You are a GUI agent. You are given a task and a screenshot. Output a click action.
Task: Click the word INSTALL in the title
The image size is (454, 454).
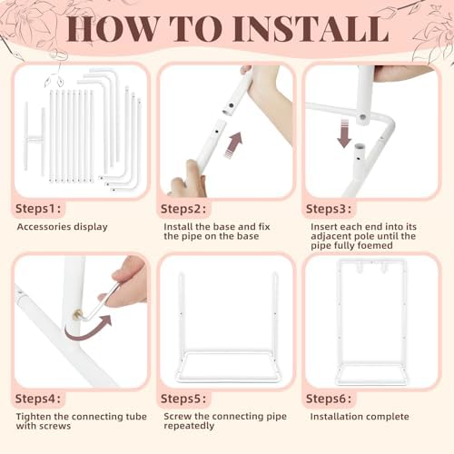pyautogui.click(x=311, y=29)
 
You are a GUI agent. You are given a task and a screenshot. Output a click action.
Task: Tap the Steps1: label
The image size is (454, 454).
pyautogui.click(x=38, y=209)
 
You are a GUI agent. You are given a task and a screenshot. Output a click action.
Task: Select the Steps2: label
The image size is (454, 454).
pyautogui.click(x=183, y=209)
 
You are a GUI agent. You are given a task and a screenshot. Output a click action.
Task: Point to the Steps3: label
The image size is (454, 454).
pyautogui.click(x=329, y=209)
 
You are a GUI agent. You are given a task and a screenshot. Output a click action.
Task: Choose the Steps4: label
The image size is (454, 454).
pyautogui.click(x=38, y=399)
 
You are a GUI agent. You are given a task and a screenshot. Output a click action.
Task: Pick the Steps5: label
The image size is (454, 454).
pyautogui.click(x=183, y=399)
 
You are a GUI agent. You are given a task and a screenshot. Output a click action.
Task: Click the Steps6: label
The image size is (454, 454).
pyautogui.click(x=329, y=399)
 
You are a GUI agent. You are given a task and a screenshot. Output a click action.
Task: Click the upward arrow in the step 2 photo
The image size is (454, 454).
pyautogui.click(x=234, y=144)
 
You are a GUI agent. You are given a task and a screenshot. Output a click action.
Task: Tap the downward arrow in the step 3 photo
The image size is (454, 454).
pyautogui.click(x=344, y=133)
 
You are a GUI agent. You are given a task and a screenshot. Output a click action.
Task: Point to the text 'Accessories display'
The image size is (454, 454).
pyautogui.click(x=63, y=227)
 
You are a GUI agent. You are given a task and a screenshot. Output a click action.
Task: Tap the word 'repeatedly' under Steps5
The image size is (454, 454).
pyautogui.click(x=189, y=426)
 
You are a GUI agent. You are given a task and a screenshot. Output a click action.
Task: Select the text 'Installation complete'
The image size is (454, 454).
pyautogui.click(x=360, y=417)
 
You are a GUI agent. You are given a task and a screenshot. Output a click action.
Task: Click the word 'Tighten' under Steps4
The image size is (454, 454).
pyautogui.click(x=34, y=417)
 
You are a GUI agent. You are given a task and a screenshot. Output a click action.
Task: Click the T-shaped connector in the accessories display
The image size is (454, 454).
pyautogui.click(x=35, y=139)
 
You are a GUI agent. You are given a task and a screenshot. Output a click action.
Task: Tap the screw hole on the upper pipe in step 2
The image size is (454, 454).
pyautogui.click(x=232, y=105)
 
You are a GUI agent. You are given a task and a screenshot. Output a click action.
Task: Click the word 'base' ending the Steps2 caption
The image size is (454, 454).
pyautogui.click(x=248, y=236)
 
